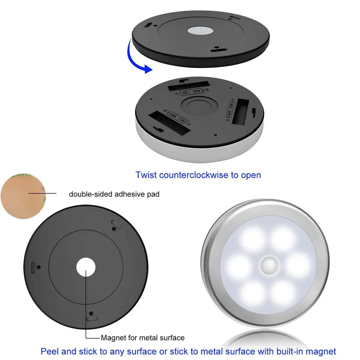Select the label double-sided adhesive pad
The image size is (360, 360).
click(x=114, y=194)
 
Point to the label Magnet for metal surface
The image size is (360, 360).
click(x=143, y=338)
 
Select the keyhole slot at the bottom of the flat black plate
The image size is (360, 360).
click(x=92, y=316)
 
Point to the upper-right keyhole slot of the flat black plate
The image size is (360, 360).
click(x=116, y=224)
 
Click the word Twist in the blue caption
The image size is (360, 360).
click(x=146, y=175)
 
